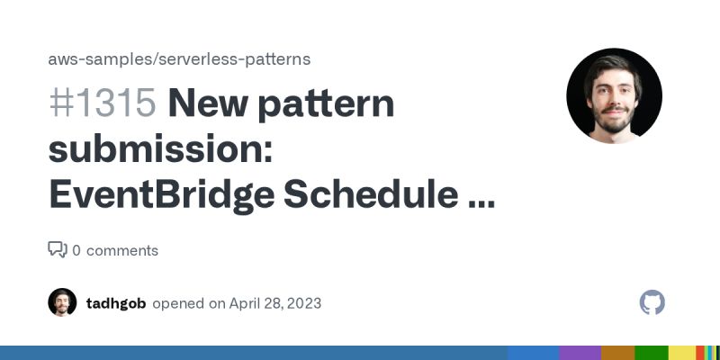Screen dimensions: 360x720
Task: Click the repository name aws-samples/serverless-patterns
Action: coord(179,59)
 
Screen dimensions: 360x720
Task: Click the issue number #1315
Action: coord(102,104)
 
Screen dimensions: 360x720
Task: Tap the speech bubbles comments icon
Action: coord(57,250)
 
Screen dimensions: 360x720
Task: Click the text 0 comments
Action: coord(115,250)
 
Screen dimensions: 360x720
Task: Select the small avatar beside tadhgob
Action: coord(62,302)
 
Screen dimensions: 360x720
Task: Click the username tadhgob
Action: coord(116,303)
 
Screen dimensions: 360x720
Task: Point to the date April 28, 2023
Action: coord(275,303)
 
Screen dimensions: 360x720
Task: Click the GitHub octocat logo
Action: coord(652,302)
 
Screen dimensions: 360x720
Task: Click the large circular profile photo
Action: coord(614,96)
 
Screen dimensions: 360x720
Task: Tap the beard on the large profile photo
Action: coord(614,121)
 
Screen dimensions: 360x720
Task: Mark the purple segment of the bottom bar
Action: coord(580,353)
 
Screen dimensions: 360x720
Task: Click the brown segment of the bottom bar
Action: coord(617,353)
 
